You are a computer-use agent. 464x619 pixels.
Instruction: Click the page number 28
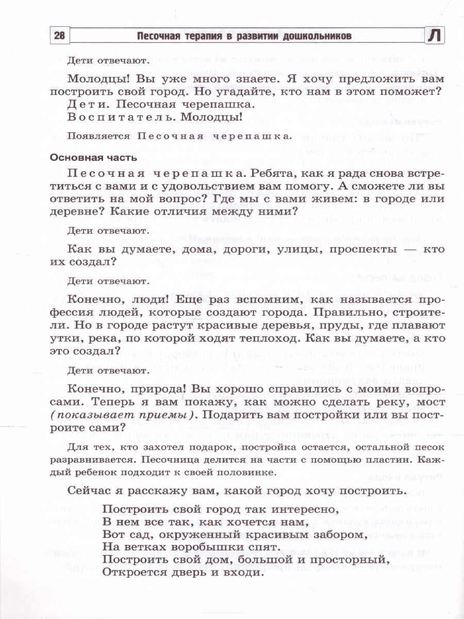coord(59,36)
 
